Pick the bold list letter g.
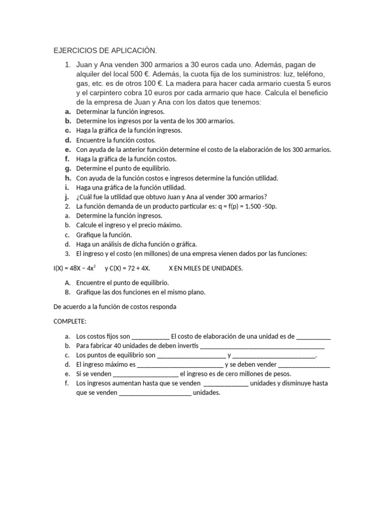point(67,168)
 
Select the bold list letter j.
point(67,197)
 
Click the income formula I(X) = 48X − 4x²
point(75,268)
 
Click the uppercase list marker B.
point(67,292)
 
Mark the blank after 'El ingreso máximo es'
point(180,365)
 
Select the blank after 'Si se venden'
point(146,374)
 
